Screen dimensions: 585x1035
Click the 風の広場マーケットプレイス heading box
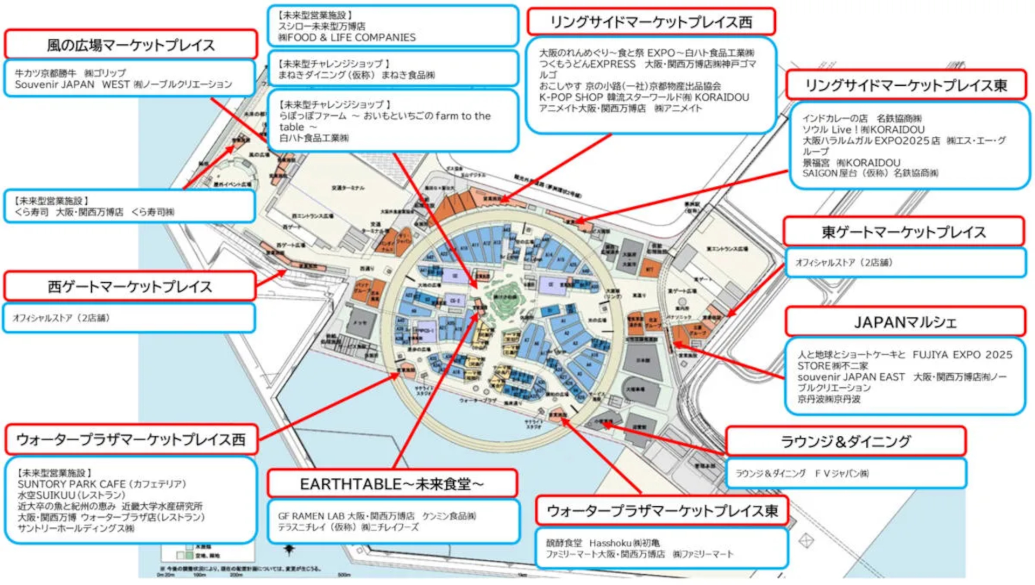(x=130, y=45)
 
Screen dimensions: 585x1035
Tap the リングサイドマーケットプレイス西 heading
(x=651, y=22)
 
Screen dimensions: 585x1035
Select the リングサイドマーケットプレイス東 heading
(x=906, y=85)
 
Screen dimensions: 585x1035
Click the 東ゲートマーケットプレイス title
(x=903, y=232)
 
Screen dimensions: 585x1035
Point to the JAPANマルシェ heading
(x=905, y=322)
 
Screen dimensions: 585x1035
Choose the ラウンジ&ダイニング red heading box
(x=845, y=442)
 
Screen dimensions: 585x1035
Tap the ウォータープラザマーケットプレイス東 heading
(x=662, y=511)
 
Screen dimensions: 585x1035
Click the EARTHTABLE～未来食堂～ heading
(x=392, y=484)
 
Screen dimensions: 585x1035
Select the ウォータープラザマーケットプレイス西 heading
(x=131, y=440)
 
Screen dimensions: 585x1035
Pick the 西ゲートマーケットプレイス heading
(x=130, y=287)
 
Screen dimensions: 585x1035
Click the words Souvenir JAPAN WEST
(x=72, y=85)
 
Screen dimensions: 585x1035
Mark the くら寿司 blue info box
(x=129, y=206)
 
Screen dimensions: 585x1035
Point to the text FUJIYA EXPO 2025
(x=962, y=355)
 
